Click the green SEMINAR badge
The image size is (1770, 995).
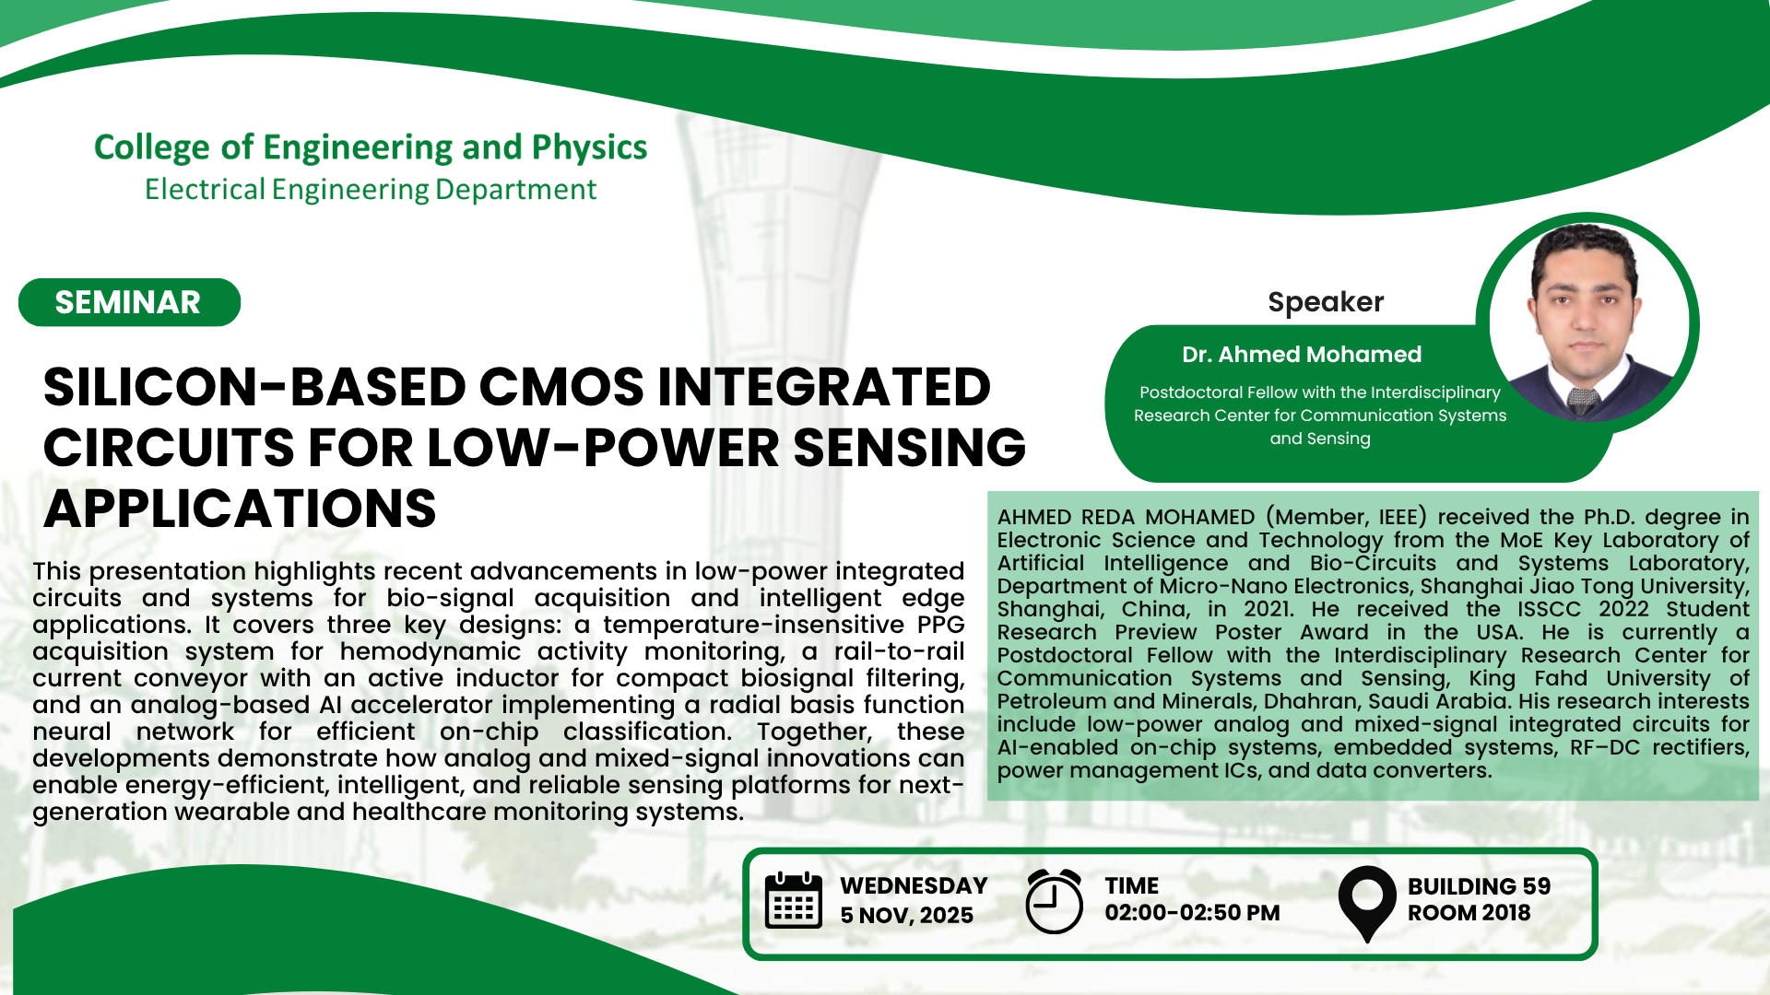point(129,302)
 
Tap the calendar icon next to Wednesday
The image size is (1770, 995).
point(794,900)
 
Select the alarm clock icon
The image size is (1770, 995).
point(1054,901)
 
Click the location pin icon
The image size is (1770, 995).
point(1367,904)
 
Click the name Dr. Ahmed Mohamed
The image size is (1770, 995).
point(1302,355)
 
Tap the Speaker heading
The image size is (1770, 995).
point(1326,302)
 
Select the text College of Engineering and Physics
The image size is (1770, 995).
point(371,147)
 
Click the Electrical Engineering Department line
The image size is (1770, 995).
point(371,190)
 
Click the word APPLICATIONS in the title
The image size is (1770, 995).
point(240,509)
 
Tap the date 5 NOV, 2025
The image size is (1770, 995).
point(906,916)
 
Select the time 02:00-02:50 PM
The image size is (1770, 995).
point(1192,913)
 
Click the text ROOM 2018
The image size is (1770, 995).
point(1469,913)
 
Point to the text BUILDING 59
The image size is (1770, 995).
point(1479,886)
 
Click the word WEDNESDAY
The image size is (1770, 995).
point(914,886)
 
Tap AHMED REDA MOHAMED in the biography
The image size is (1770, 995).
point(1126,518)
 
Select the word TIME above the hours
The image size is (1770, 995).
point(1131,886)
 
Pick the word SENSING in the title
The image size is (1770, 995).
point(909,448)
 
